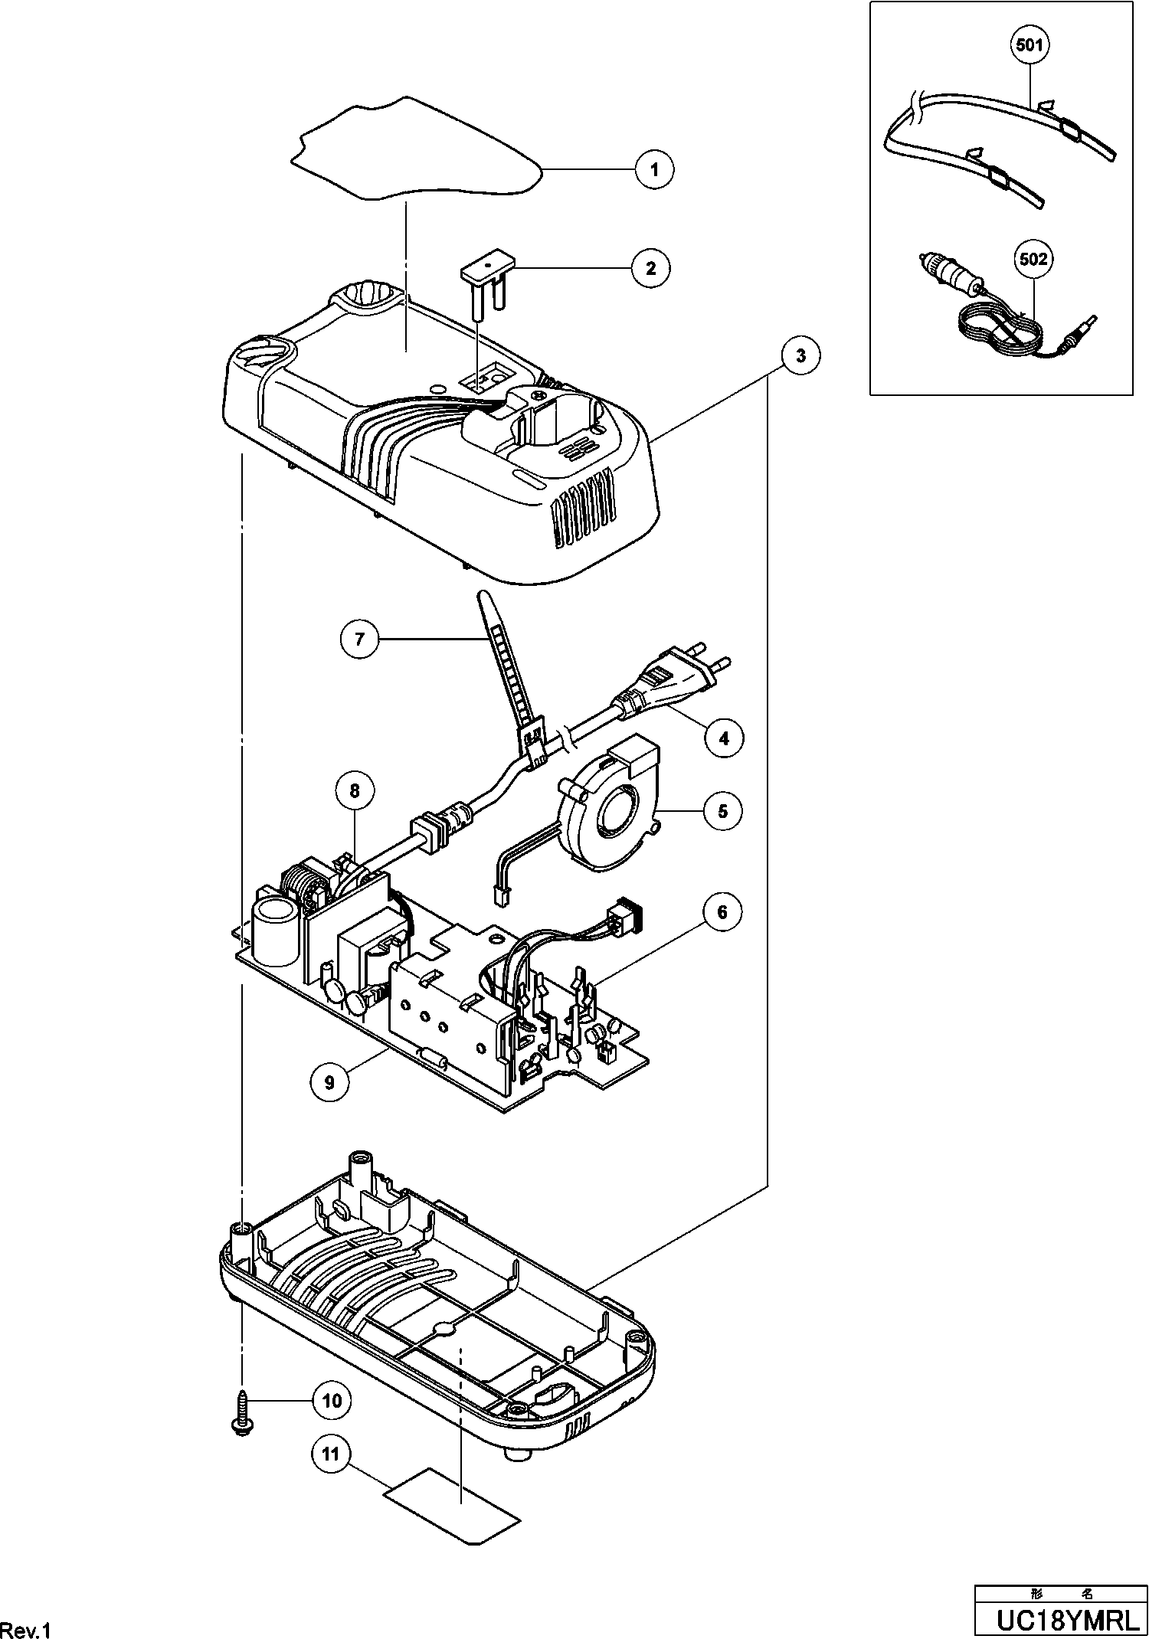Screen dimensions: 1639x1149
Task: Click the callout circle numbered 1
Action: click(x=653, y=169)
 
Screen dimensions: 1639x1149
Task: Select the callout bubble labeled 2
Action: click(x=650, y=268)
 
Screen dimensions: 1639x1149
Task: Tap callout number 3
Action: click(x=800, y=355)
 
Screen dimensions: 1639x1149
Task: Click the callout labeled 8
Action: click(x=355, y=790)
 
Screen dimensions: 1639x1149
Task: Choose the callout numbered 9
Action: click(x=330, y=1082)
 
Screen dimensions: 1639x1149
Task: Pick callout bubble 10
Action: click(x=332, y=1400)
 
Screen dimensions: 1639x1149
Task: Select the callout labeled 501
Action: click(x=1029, y=45)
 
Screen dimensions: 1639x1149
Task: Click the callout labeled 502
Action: click(x=1033, y=260)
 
